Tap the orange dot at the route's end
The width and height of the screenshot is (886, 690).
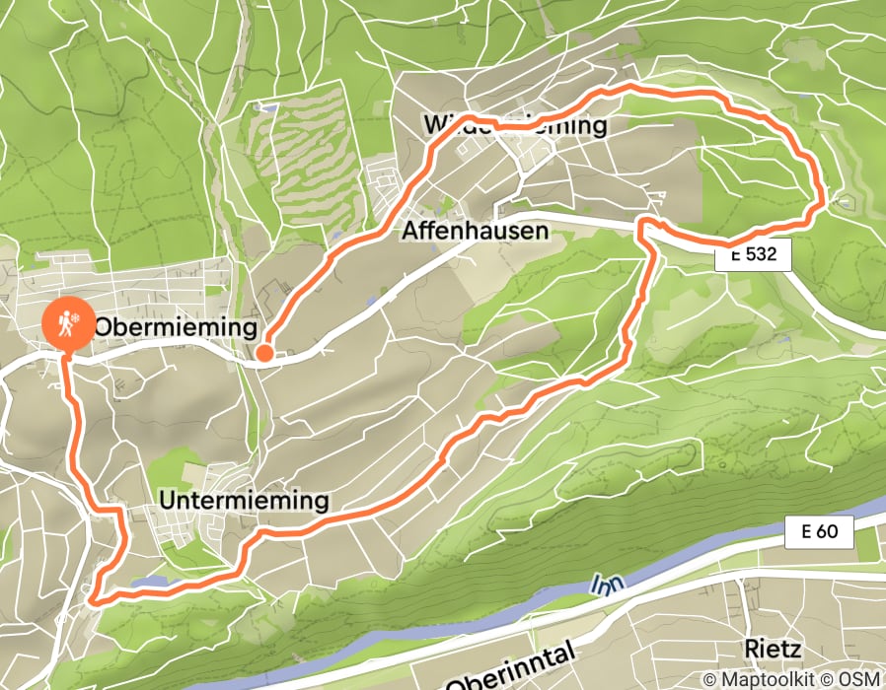[x=264, y=353]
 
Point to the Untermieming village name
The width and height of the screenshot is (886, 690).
[x=243, y=501]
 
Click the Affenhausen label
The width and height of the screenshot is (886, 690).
[x=474, y=231]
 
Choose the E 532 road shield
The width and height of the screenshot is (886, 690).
[x=754, y=256]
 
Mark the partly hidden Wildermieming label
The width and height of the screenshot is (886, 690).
[x=514, y=125]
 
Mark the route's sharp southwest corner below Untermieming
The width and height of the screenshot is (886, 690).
[x=90, y=596]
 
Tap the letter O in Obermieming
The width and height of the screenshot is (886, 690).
[x=104, y=326]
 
